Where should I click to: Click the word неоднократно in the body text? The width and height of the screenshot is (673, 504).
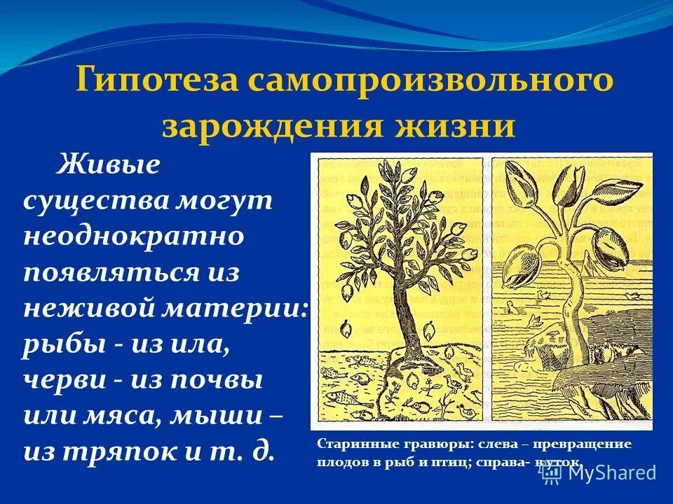tap(134, 236)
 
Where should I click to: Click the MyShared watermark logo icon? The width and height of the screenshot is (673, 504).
tap(550, 472)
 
